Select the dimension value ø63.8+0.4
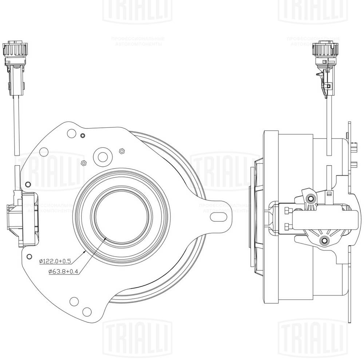[63, 271]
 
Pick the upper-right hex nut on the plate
[122, 151]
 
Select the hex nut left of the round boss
[83, 163]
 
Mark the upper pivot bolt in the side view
[310, 198]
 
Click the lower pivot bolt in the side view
[324, 241]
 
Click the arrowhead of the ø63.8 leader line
[105, 237]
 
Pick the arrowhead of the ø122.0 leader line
[85, 251]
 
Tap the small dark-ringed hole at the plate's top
[83, 136]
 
